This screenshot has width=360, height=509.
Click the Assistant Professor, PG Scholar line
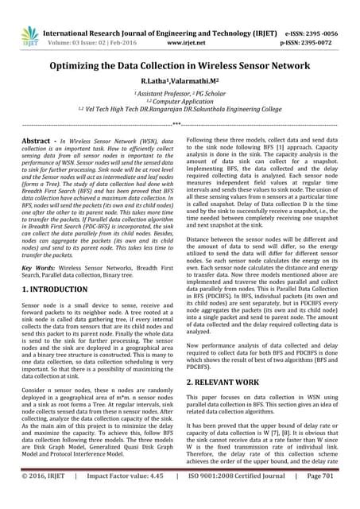click(x=180, y=93)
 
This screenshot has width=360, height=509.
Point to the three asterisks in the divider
click(x=180, y=125)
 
